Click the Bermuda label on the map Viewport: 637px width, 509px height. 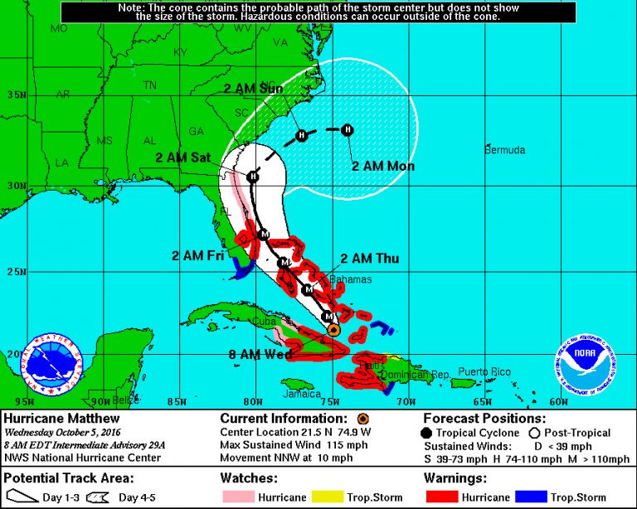505,150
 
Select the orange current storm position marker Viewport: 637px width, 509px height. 333,329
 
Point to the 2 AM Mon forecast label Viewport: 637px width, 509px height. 382,167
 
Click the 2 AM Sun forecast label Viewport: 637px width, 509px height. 253,89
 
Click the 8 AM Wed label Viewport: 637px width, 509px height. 260,355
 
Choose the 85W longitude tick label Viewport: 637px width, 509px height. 177,403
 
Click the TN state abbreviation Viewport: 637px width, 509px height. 149,85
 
